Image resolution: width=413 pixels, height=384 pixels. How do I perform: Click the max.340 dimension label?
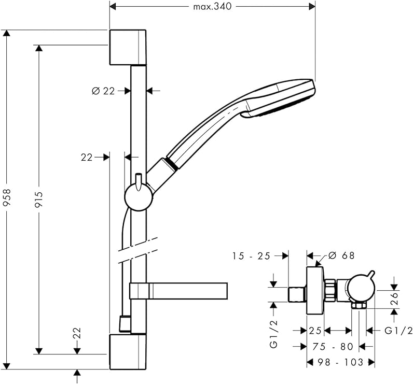[212, 6]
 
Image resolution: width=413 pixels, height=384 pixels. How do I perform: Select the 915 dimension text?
[38, 199]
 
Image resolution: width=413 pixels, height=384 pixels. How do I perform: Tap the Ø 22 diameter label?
[103, 91]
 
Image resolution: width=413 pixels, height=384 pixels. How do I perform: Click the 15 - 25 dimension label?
[252, 255]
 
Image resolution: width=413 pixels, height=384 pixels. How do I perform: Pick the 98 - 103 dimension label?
[341, 362]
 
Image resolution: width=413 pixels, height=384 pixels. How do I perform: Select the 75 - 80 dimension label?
[333, 347]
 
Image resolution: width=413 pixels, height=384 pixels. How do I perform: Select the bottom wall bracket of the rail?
[128, 351]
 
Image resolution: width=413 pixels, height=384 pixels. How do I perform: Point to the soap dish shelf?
[179, 291]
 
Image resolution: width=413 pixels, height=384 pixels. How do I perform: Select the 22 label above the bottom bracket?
[77, 333]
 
